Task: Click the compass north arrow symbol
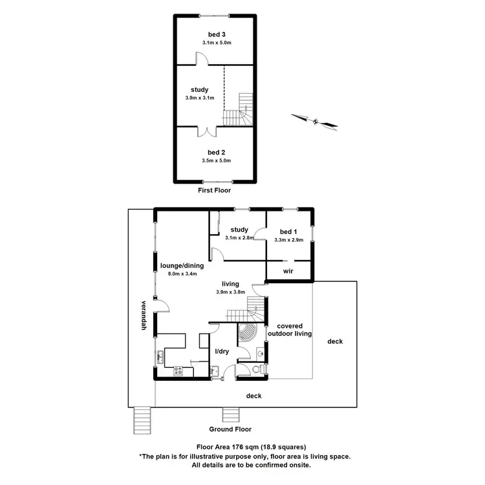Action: click(x=316, y=120)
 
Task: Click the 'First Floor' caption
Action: click(x=214, y=191)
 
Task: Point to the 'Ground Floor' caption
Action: click(x=230, y=429)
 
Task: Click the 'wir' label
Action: click(x=289, y=272)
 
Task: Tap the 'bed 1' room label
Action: click(x=288, y=232)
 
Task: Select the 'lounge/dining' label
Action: click(x=182, y=265)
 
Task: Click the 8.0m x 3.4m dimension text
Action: click(x=182, y=274)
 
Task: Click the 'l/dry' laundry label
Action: click(x=222, y=351)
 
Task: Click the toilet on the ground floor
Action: click(x=257, y=370)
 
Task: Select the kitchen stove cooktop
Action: click(x=178, y=371)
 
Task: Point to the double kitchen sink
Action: click(x=159, y=355)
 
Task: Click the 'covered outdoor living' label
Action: click(x=294, y=330)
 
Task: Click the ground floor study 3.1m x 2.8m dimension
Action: click(x=239, y=238)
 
